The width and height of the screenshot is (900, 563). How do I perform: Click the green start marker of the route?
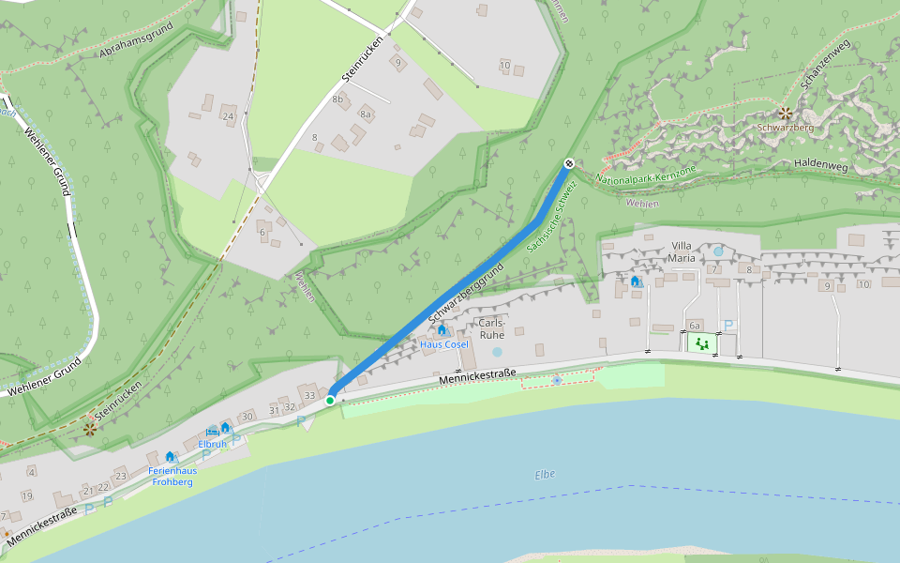coord(330,401)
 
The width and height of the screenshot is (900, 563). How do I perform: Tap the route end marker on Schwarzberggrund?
coord(568,164)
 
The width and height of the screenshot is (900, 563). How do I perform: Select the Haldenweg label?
coord(820,164)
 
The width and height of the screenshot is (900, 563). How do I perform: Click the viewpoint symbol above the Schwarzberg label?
coord(785,113)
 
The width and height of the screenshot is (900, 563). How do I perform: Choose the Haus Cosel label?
coord(443,344)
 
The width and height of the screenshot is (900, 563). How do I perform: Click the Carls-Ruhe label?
coord(492,328)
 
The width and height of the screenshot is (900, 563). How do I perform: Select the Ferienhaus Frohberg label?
coord(170,476)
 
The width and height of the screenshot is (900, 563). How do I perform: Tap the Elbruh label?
coord(212,444)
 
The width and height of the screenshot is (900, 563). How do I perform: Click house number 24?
coord(228,116)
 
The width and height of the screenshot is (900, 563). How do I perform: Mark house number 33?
coord(309,394)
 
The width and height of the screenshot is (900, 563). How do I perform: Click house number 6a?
coord(695,325)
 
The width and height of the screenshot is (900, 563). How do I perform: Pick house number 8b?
coord(337,99)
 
